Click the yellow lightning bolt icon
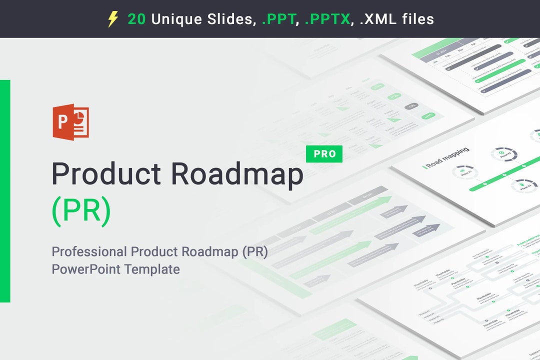[x=113, y=19]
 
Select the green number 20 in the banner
[x=136, y=19]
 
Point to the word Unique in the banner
[x=177, y=19]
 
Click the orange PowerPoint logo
[x=70, y=121]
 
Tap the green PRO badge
[x=324, y=154]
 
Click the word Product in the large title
[x=106, y=173]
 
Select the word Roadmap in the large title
[x=237, y=173]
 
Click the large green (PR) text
[x=81, y=210]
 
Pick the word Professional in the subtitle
[x=89, y=251]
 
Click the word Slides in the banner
[x=230, y=19]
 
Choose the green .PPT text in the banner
[x=277, y=19]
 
